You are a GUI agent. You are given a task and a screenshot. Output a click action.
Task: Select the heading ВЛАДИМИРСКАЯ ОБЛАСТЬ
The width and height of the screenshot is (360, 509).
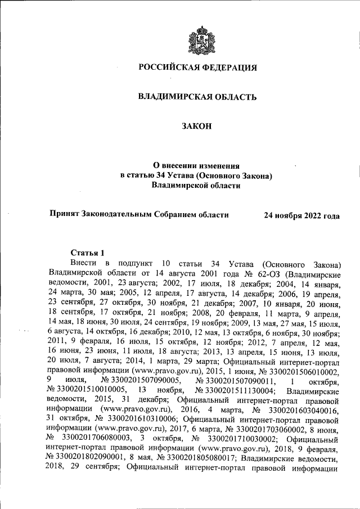(x=198, y=97)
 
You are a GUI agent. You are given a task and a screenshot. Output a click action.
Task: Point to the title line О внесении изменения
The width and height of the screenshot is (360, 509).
(x=197, y=166)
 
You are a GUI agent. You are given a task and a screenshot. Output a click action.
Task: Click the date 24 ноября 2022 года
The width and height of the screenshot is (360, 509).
(x=302, y=215)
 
